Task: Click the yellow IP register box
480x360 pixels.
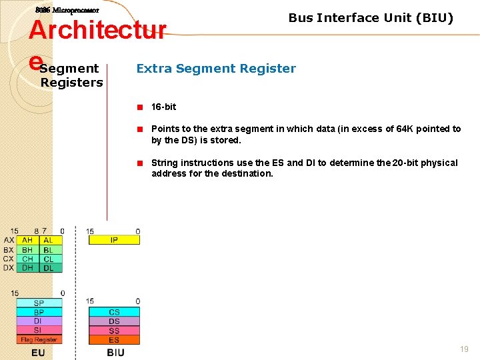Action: (x=114, y=240)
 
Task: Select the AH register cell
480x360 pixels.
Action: (x=27, y=240)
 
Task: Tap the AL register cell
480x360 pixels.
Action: (x=49, y=240)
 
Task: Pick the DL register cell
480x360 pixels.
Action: (x=49, y=268)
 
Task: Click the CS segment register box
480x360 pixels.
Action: (x=114, y=312)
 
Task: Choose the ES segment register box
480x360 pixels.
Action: (x=114, y=340)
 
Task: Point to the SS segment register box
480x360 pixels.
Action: (x=114, y=331)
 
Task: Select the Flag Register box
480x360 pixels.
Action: (x=39, y=340)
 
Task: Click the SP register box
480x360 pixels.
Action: (x=39, y=303)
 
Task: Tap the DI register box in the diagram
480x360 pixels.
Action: (x=39, y=321)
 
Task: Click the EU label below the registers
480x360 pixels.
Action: (x=38, y=353)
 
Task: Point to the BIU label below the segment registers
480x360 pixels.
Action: (x=115, y=353)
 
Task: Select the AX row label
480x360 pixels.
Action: (x=9, y=240)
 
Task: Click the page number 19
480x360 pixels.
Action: (x=464, y=349)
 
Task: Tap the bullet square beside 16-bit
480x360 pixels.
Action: (x=141, y=107)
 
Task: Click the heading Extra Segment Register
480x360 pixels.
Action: (x=216, y=68)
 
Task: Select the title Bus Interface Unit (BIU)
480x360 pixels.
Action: (x=371, y=18)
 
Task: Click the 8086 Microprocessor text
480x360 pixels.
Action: (x=67, y=11)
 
